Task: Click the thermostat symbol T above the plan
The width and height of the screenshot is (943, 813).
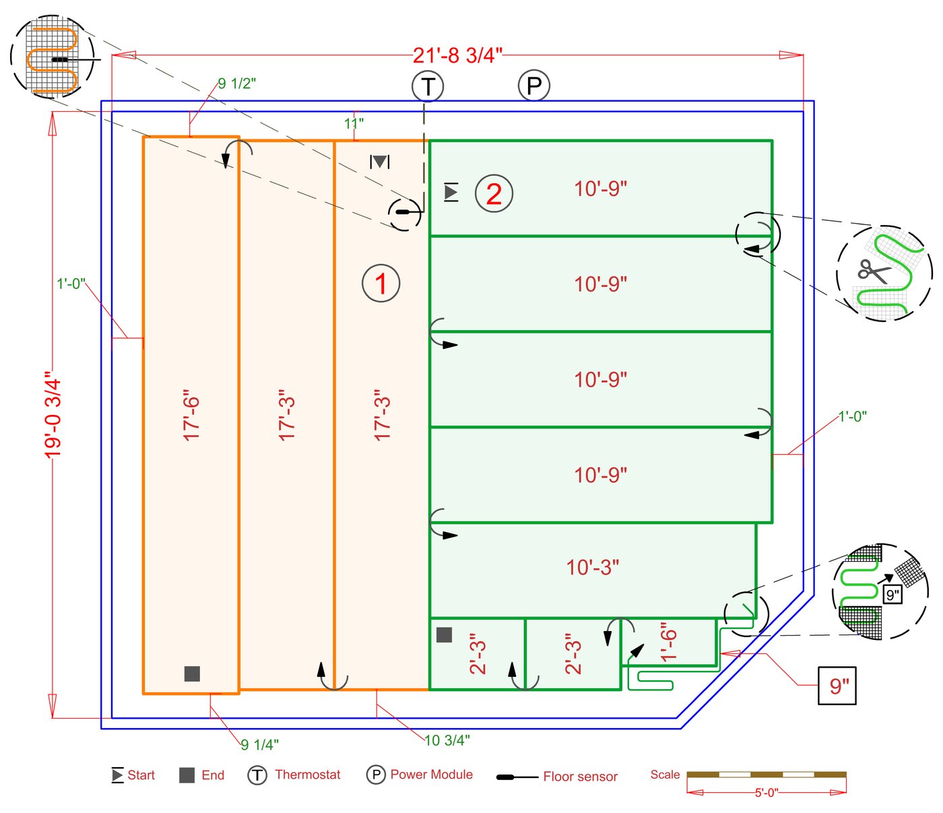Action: pyautogui.click(x=428, y=86)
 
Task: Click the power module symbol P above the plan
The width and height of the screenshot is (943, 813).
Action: pyautogui.click(x=533, y=86)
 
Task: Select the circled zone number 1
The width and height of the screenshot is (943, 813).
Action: pyautogui.click(x=381, y=284)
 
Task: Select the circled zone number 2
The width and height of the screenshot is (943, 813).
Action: pyautogui.click(x=494, y=194)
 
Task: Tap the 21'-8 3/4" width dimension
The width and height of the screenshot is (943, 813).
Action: pyautogui.click(x=457, y=55)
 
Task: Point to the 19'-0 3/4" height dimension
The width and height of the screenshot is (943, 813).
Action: pyautogui.click(x=53, y=414)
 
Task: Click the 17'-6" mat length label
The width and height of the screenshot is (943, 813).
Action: pyautogui.click(x=192, y=415)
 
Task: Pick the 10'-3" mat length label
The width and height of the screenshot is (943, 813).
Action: pyautogui.click(x=593, y=568)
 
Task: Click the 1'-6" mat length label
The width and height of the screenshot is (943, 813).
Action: pyautogui.click(x=668, y=643)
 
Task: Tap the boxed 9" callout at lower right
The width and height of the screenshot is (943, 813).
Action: pyautogui.click(x=837, y=686)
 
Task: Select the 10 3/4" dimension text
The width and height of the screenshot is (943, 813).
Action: pyautogui.click(x=447, y=740)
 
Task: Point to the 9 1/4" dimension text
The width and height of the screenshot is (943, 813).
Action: pyautogui.click(x=260, y=744)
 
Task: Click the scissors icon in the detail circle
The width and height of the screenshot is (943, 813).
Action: pyautogui.click(x=874, y=271)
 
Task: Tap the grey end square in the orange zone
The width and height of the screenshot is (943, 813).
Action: pyautogui.click(x=192, y=674)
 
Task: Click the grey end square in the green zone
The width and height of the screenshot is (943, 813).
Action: pyautogui.click(x=444, y=635)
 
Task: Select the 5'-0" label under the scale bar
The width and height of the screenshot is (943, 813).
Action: pyautogui.click(x=766, y=793)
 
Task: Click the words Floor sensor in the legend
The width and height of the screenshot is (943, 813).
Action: pyautogui.click(x=580, y=777)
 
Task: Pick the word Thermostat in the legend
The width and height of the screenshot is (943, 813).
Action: pyautogui.click(x=308, y=775)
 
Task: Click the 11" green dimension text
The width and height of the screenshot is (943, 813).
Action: pyautogui.click(x=354, y=123)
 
